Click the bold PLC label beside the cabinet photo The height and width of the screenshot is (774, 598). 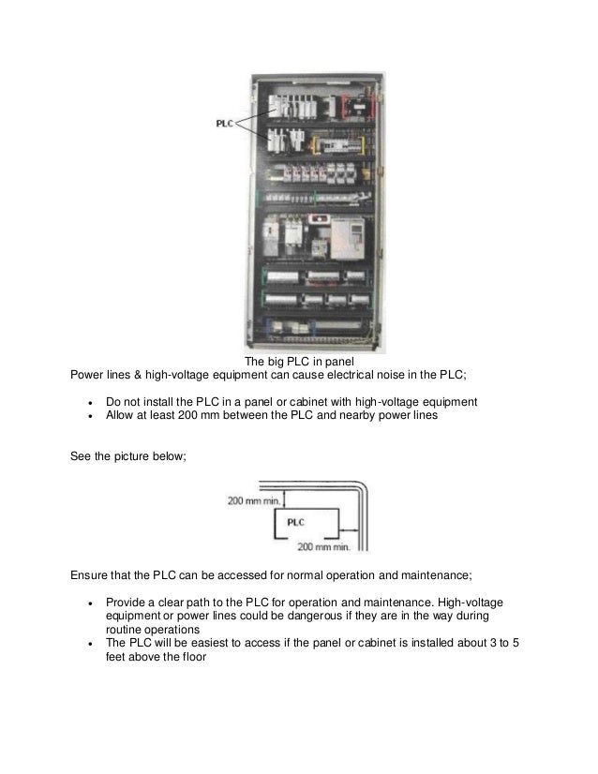pos(225,122)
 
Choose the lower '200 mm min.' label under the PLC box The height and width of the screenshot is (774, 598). pos(323,544)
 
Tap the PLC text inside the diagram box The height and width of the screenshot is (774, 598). pos(295,523)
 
